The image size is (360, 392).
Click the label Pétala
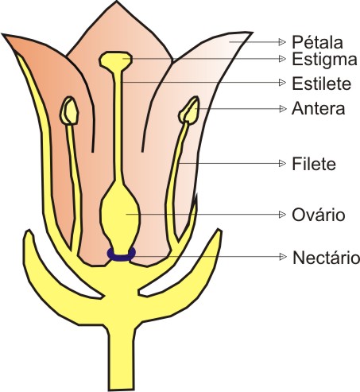click(x=317, y=42)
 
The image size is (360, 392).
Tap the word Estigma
click(x=324, y=60)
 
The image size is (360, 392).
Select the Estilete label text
click(x=321, y=83)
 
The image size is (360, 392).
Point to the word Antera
click(x=318, y=109)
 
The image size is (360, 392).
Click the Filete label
click(x=314, y=164)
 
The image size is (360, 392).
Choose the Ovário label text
click(x=319, y=214)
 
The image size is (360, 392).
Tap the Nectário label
click(x=326, y=258)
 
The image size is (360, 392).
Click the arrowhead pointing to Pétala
click(x=282, y=42)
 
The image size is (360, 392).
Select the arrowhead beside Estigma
click(x=282, y=59)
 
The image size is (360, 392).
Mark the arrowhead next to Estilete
click(x=282, y=83)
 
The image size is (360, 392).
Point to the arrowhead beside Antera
click(x=283, y=109)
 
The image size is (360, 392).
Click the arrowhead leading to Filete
click(x=282, y=163)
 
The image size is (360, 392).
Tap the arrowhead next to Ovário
click(x=282, y=214)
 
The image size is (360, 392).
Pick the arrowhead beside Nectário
click(x=283, y=257)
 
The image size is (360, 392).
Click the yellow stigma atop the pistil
click(x=115, y=60)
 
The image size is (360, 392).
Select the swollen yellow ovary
click(x=121, y=212)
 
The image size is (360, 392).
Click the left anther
click(x=69, y=111)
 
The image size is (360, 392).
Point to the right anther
click(x=189, y=111)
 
